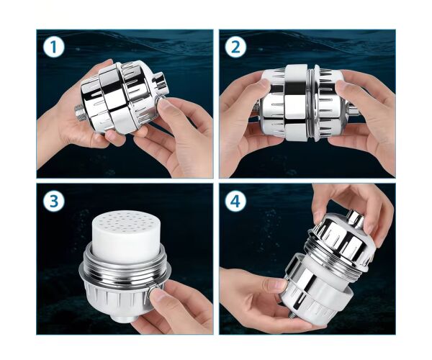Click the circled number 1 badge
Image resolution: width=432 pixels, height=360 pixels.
pyautogui.click(x=54, y=47)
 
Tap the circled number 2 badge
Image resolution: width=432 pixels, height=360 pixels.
pyautogui.click(x=236, y=47)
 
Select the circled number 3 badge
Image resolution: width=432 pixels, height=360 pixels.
pyautogui.click(x=54, y=201)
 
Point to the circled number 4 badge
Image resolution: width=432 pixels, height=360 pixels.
pyautogui.click(x=236, y=201)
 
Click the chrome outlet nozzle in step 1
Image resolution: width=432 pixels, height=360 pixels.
pyautogui.click(x=161, y=82)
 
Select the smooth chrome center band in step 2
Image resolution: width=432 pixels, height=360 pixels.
pyautogui.click(x=295, y=103)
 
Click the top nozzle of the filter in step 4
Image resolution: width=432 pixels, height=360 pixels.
pyautogui.click(x=356, y=217)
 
